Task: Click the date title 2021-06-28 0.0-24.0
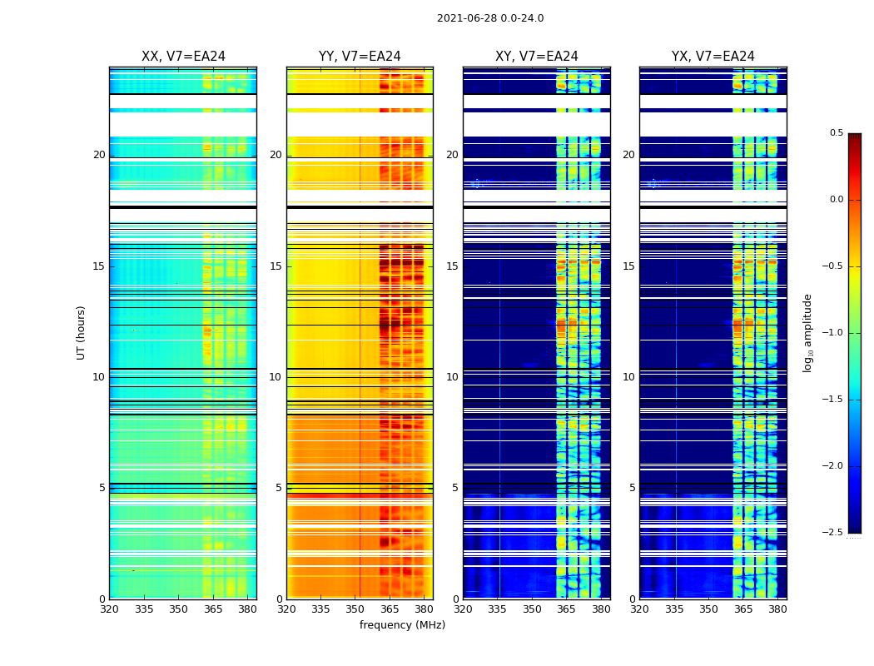coord(490,18)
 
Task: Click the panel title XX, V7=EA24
coord(183,57)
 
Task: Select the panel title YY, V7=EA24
coord(360,57)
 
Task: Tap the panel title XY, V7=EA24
coord(537,57)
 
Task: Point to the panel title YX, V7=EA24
coord(713,57)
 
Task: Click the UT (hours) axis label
coord(81,332)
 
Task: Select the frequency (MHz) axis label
coord(402,625)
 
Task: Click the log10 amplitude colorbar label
coord(807,332)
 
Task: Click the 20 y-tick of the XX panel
coord(99,155)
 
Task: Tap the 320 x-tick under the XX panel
coord(109,609)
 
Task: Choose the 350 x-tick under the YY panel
coord(355,609)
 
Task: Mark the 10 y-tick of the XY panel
coord(452,377)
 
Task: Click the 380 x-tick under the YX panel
coord(777,609)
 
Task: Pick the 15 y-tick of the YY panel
coord(276,266)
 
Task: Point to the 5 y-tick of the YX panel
coord(632,488)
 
